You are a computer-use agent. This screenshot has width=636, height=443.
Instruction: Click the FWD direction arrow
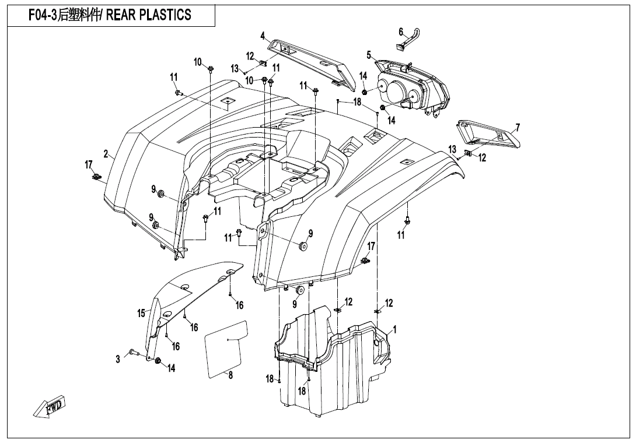point(50,407)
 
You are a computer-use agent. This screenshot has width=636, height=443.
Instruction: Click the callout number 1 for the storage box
point(395,329)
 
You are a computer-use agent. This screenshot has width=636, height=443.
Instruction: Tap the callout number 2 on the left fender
point(106,154)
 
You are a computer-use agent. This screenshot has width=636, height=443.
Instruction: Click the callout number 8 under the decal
point(230,375)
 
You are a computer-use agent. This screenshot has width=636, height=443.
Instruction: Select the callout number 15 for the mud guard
point(141,314)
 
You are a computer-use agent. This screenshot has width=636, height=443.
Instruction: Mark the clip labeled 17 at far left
point(95,177)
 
